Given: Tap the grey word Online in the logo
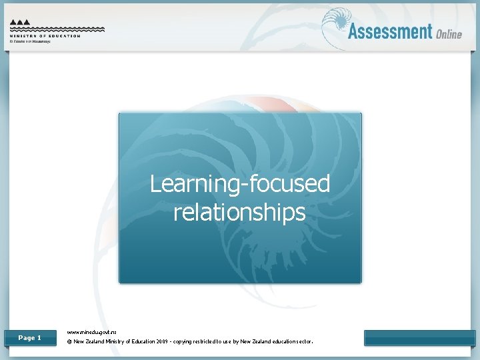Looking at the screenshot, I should [x=449, y=33].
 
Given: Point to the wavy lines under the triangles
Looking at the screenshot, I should [x=57, y=29].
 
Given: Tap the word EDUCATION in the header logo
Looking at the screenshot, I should [x=63, y=35].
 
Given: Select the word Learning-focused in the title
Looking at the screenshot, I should [x=240, y=183].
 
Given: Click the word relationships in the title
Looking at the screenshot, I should [x=240, y=212].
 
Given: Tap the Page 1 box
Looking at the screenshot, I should [x=30, y=338].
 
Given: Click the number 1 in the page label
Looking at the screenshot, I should [x=39, y=338].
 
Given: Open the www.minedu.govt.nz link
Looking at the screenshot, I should [x=92, y=331].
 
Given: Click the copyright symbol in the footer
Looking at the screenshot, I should [x=70, y=342].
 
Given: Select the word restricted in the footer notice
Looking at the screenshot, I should [x=229, y=342].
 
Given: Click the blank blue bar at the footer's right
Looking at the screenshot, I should [x=419, y=338].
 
